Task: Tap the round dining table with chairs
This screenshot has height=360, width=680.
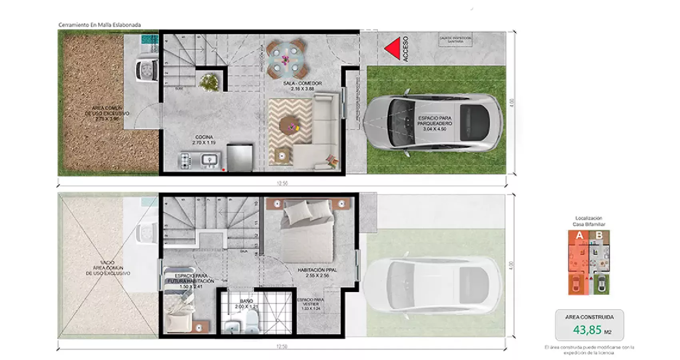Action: click(x=286, y=60)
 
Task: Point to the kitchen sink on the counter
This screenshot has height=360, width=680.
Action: click(x=209, y=160)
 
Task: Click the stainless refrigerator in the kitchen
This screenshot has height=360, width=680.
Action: click(x=239, y=158)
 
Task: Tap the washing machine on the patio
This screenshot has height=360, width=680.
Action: click(x=146, y=70)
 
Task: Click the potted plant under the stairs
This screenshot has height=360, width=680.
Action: click(x=209, y=82)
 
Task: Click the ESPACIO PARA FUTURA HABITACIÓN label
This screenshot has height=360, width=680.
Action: click(x=190, y=278)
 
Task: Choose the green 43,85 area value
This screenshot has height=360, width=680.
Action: click(x=587, y=330)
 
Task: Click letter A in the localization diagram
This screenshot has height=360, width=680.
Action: click(x=579, y=236)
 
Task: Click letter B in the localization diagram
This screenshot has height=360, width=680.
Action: click(x=598, y=236)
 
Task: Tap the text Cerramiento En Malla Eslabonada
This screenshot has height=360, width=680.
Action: click(x=100, y=25)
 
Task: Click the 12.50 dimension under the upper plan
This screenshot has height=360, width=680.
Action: click(x=282, y=183)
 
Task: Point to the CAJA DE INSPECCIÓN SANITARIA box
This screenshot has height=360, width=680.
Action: click(x=455, y=40)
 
